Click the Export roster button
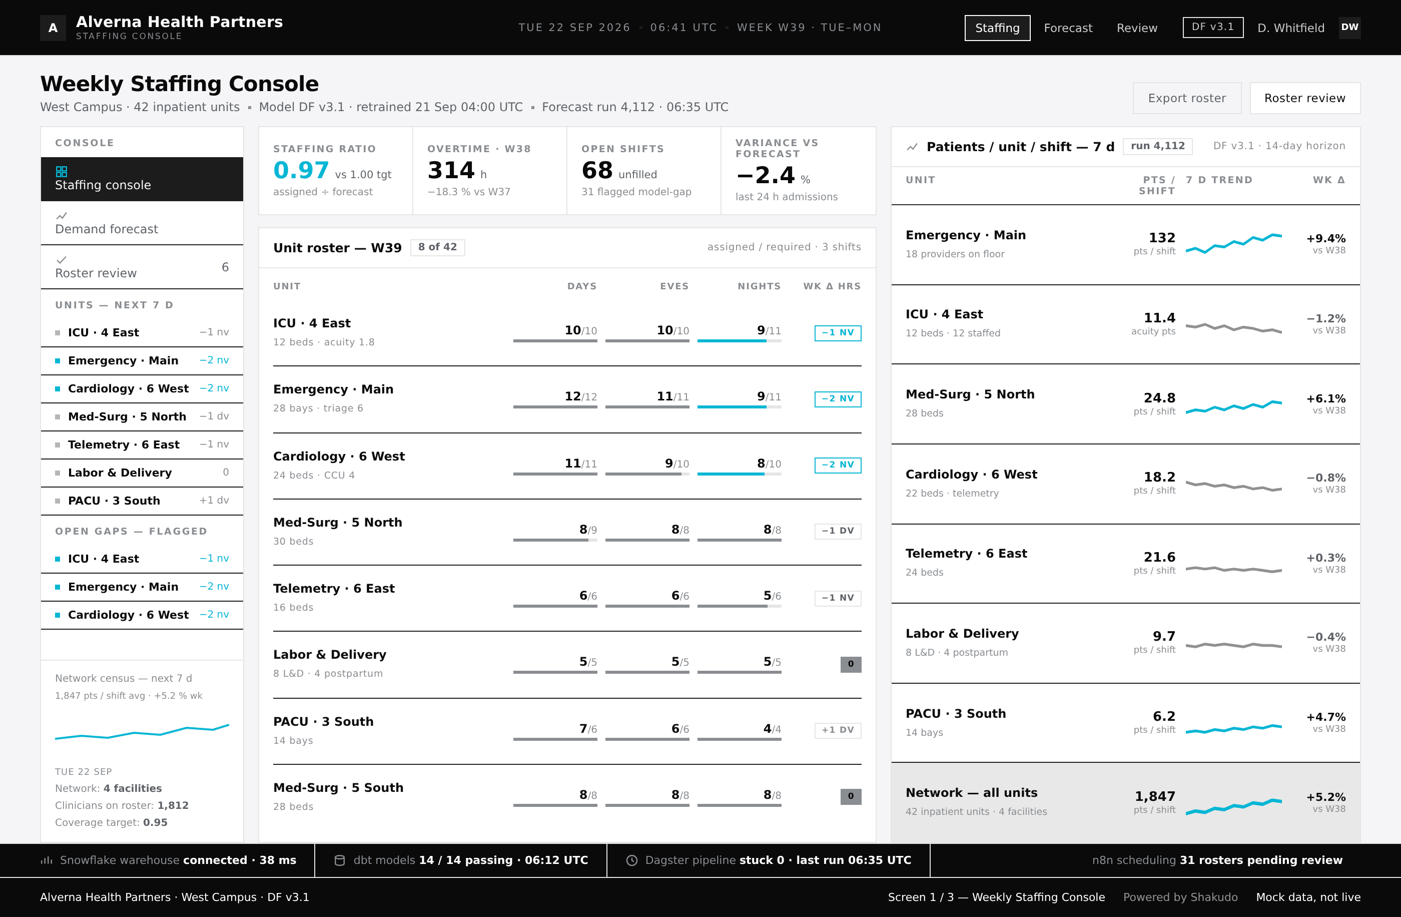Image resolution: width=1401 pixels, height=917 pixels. (x=1187, y=98)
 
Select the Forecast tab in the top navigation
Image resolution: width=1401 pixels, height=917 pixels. (x=1068, y=28)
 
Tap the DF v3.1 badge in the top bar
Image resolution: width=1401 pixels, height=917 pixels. (x=1213, y=27)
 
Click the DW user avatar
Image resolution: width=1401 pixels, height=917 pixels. (x=1349, y=27)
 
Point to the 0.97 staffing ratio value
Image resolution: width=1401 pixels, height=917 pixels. (x=301, y=170)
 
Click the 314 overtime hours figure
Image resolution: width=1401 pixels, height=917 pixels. (x=451, y=170)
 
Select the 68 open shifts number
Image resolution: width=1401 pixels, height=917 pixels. (x=597, y=170)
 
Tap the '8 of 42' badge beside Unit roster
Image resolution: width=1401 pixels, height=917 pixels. (x=437, y=247)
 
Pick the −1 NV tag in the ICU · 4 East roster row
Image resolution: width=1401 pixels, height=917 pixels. (x=838, y=333)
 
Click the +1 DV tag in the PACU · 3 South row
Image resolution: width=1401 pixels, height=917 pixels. (x=838, y=730)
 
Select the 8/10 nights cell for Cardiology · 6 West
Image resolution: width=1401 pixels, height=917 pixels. (x=769, y=464)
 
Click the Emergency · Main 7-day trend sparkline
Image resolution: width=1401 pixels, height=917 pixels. (x=1233, y=243)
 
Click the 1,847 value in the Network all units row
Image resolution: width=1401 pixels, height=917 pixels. (x=1155, y=796)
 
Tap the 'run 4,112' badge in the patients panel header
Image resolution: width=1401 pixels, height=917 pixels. (x=1157, y=146)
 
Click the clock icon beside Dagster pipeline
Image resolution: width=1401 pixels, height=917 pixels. (x=631, y=860)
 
